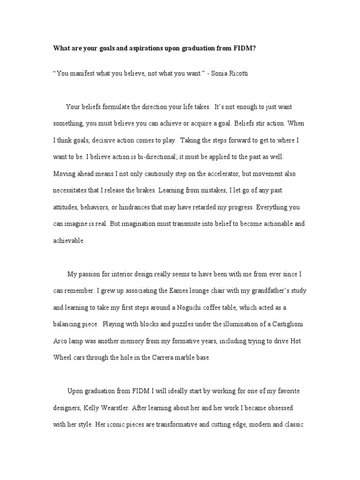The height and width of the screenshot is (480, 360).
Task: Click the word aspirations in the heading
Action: pyautogui.click(x=132, y=48)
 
